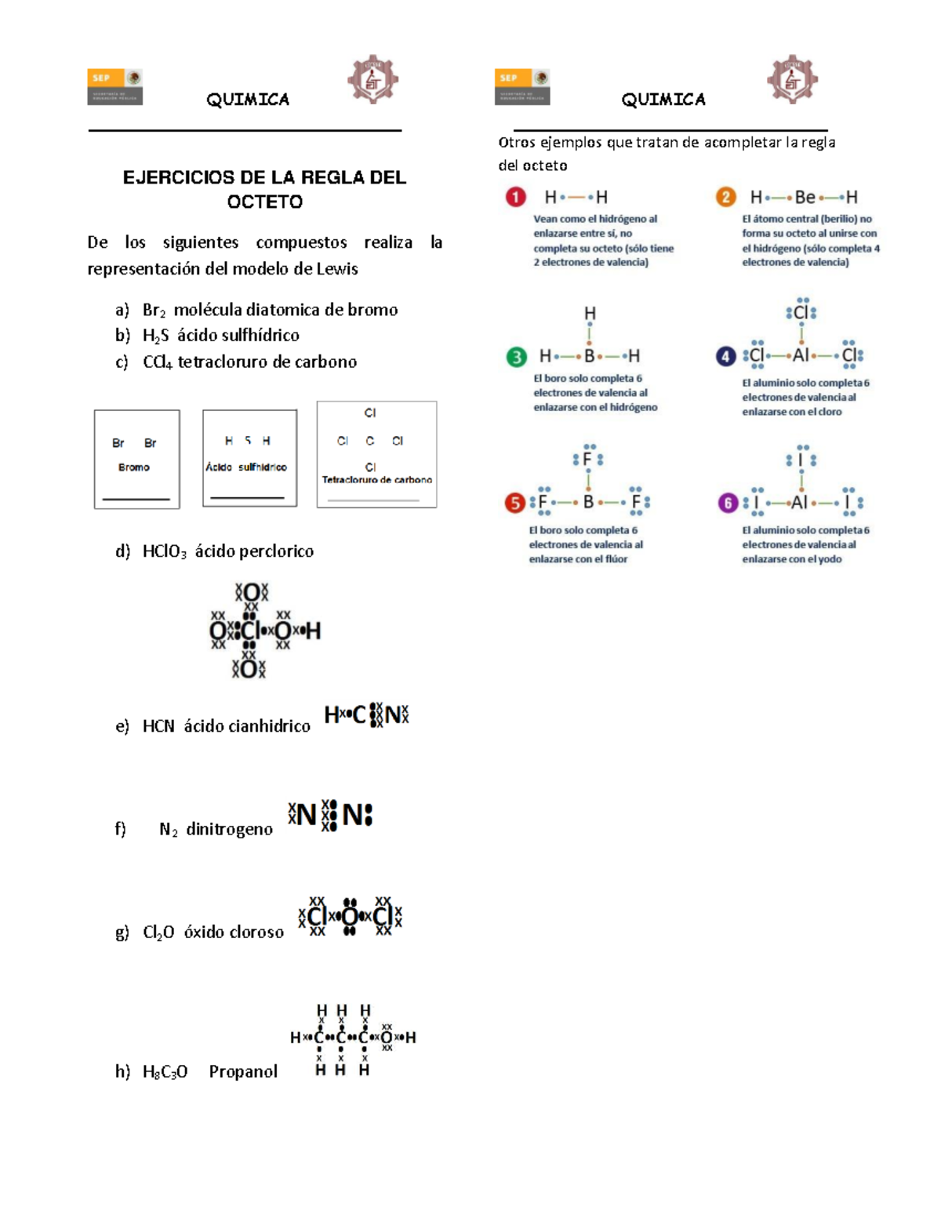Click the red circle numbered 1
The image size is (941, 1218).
pos(515,197)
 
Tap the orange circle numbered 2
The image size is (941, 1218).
pos(725,197)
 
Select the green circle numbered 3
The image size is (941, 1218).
pos(516,357)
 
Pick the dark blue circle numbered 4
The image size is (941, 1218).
pos(725,357)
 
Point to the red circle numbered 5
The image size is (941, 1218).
pos(514,503)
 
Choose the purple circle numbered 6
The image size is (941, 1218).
pos(728,503)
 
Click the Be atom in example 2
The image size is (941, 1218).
pos(805,197)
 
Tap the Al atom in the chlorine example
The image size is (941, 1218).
pos(801,355)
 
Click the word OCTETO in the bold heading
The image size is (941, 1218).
pos(264,202)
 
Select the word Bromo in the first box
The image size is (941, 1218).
pos(134,467)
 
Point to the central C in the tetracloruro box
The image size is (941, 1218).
pos(370,441)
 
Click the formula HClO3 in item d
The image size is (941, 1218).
pos(164,551)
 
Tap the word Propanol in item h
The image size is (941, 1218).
pos(243,1071)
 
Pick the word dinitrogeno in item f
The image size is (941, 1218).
pos(229,829)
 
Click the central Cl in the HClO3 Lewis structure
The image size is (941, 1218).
pos(249,631)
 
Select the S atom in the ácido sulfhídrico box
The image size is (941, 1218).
pos(248,441)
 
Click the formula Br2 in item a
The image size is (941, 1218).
pos(154,310)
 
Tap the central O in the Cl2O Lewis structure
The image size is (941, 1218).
pos(350,916)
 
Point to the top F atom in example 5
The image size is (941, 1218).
pos(587,460)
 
